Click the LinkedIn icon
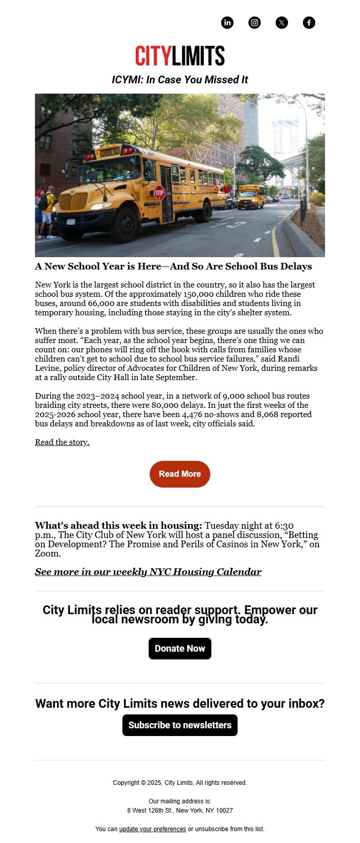227,23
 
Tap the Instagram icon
255,23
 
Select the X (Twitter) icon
282,23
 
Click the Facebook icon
309,23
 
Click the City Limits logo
180,56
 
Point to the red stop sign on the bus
159,193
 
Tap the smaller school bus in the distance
250,196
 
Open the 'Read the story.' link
62,442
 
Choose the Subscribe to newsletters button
180,725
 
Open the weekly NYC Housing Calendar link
148,572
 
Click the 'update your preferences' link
152,829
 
